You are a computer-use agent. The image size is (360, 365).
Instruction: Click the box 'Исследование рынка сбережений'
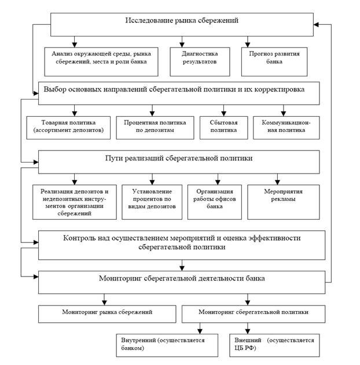click(182, 24)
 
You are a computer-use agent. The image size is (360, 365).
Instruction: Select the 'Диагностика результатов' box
click(200, 62)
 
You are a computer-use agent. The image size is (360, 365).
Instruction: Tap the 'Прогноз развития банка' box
click(274, 62)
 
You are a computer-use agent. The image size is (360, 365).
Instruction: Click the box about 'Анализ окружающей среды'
click(101, 62)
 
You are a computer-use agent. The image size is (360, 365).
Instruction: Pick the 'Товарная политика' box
click(68, 128)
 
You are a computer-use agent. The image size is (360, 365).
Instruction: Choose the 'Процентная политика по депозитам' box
click(155, 128)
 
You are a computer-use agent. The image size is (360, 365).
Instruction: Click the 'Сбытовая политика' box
click(224, 128)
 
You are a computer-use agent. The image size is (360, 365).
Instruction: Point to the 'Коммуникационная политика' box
click(286, 128)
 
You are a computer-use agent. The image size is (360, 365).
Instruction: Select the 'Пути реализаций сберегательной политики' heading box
click(179, 162)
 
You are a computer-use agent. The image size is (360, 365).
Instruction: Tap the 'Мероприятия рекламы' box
click(284, 202)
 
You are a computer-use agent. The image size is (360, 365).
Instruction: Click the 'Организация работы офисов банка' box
click(215, 202)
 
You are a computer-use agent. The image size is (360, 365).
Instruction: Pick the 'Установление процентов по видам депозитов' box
click(152, 202)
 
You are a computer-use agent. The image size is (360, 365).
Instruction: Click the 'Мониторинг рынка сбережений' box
click(107, 314)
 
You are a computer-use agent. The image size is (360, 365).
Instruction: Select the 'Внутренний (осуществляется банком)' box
click(167, 345)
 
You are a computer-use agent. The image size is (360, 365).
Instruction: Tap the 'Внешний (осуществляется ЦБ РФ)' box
click(274, 345)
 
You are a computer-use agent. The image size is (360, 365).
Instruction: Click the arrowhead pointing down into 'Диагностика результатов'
click(182, 45)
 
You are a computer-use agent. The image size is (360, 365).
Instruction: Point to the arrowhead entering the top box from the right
click(316, 24)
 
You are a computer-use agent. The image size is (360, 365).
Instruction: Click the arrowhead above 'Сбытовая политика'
click(224, 113)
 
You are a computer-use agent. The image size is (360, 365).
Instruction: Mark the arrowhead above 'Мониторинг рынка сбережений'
click(104, 303)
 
